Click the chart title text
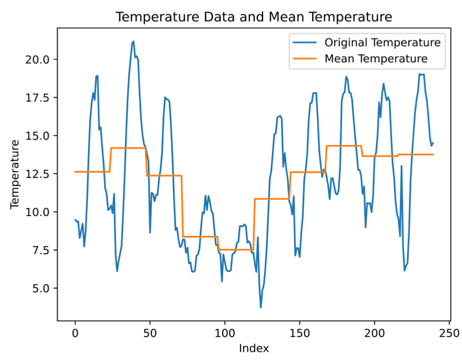[254, 17]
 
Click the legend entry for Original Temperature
[382, 43]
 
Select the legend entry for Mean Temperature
[376, 59]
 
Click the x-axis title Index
[254, 348]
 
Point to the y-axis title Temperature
[15, 174]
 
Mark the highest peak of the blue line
[134, 41]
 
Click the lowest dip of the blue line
[261, 308]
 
